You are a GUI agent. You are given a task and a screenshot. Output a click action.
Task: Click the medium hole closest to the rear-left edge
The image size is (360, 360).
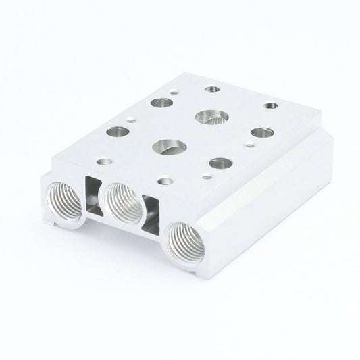(162, 103)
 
